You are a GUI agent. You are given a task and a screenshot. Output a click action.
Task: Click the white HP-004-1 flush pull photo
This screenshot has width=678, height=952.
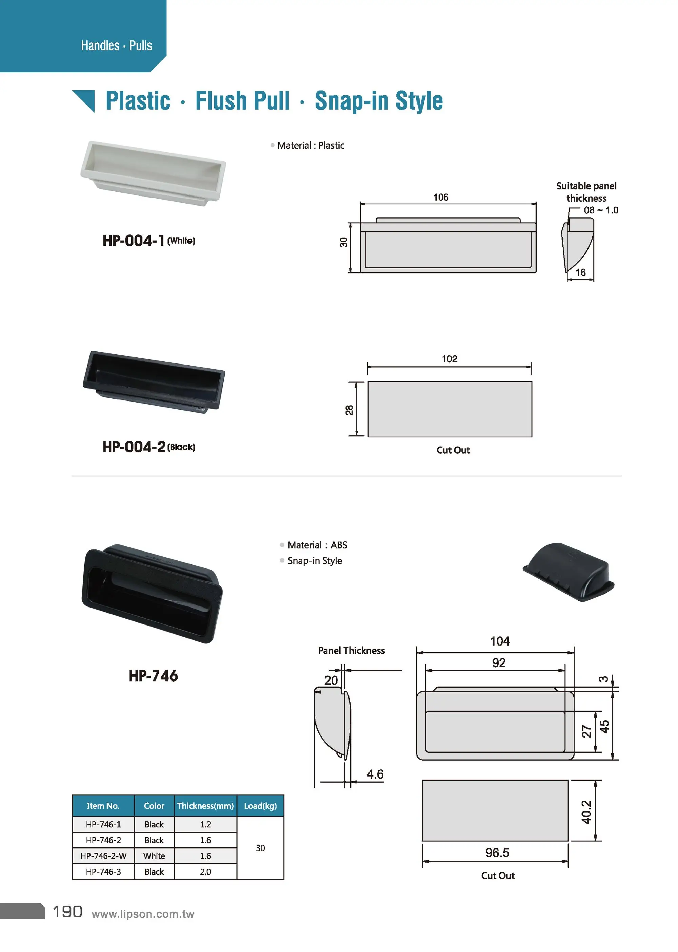pyautogui.click(x=153, y=173)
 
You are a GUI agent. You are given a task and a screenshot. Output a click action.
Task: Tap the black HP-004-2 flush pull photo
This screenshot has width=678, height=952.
pyautogui.click(x=154, y=382)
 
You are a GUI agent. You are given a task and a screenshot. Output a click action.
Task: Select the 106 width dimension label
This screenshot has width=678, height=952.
pyautogui.click(x=440, y=197)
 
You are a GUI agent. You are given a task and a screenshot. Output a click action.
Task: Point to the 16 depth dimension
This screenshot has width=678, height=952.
pyautogui.click(x=580, y=273)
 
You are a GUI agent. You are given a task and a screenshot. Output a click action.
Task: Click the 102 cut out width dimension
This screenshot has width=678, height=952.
pyautogui.click(x=449, y=359)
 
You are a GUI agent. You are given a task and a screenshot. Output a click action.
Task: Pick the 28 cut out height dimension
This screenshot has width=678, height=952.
pyautogui.click(x=350, y=410)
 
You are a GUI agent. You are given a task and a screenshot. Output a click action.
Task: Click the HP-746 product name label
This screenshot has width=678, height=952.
pyautogui.click(x=153, y=676)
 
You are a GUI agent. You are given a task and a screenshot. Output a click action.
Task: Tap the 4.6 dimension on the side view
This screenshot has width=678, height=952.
pyautogui.click(x=375, y=774)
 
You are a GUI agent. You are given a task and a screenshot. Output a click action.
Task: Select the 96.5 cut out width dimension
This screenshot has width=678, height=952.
pyautogui.click(x=497, y=853)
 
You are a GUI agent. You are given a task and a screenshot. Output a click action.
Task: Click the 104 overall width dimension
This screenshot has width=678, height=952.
pyautogui.click(x=500, y=641)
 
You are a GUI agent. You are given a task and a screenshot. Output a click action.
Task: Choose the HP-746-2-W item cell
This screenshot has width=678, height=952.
pyautogui.click(x=103, y=856)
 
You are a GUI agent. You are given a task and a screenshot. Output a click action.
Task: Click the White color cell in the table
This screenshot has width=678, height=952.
pyautogui.click(x=154, y=856)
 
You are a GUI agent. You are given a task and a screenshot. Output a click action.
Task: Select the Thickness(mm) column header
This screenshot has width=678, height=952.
pyautogui.click(x=205, y=806)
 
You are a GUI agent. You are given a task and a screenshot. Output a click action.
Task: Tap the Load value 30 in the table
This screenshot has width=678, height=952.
pyautogui.click(x=260, y=848)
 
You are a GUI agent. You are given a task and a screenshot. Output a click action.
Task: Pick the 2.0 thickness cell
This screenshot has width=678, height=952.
pyautogui.click(x=205, y=872)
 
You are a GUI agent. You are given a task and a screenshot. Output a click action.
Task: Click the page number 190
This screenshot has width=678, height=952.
pyautogui.click(x=67, y=912)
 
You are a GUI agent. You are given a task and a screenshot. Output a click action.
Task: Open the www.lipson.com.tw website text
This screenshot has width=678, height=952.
pyautogui.click(x=143, y=914)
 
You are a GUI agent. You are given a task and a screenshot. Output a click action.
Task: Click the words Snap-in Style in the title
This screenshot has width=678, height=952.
pyautogui.click(x=378, y=101)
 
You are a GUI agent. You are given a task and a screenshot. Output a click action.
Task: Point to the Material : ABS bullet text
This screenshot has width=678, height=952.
pyautogui.click(x=317, y=545)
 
